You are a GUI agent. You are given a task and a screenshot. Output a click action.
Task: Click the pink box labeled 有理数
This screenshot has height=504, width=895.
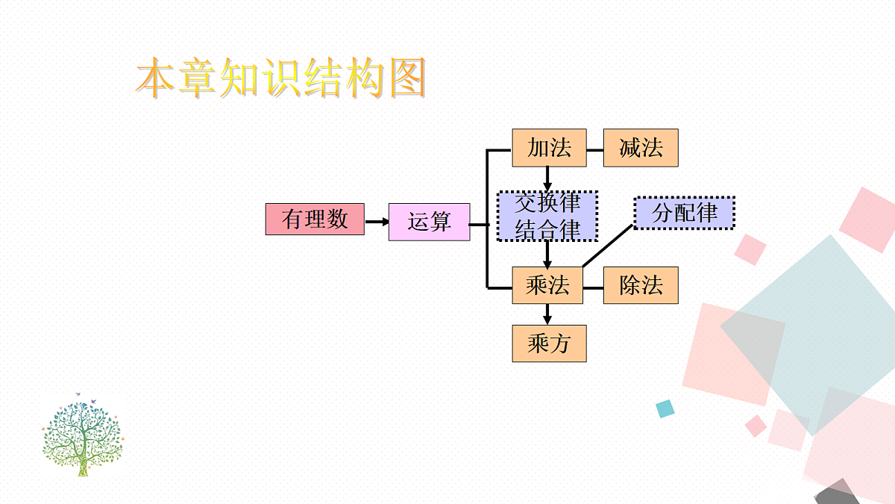click(x=315, y=220)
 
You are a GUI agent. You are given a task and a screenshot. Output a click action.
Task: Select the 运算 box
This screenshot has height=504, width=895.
click(x=429, y=222)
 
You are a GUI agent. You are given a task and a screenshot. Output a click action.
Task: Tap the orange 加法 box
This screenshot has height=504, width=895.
click(x=549, y=148)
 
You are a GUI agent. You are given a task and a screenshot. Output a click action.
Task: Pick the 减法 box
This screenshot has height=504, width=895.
click(x=641, y=148)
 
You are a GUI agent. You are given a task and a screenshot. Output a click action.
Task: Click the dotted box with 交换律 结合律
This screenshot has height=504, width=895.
click(x=547, y=216)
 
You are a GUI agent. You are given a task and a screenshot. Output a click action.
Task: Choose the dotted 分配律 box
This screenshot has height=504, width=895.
click(x=684, y=213)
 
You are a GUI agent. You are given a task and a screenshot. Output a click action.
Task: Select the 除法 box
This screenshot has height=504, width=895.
click(x=641, y=285)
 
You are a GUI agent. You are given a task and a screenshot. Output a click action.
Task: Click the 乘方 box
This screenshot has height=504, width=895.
click(x=549, y=343)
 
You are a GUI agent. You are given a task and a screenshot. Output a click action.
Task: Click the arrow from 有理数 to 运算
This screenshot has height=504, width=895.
click(x=377, y=221)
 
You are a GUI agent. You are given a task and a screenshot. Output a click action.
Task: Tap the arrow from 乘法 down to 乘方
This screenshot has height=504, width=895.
click(x=547, y=314)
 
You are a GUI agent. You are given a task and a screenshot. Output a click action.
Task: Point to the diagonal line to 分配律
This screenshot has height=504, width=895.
click(x=608, y=246)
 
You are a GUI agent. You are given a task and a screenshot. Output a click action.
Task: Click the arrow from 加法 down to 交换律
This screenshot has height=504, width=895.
click(x=547, y=178)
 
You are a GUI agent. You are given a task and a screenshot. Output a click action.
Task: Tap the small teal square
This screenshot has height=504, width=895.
click(x=665, y=408)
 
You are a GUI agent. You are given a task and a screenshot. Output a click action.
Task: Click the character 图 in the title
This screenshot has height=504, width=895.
click(x=404, y=78)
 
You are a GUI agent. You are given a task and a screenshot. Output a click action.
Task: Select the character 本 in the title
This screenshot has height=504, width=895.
click(x=157, y=78)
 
